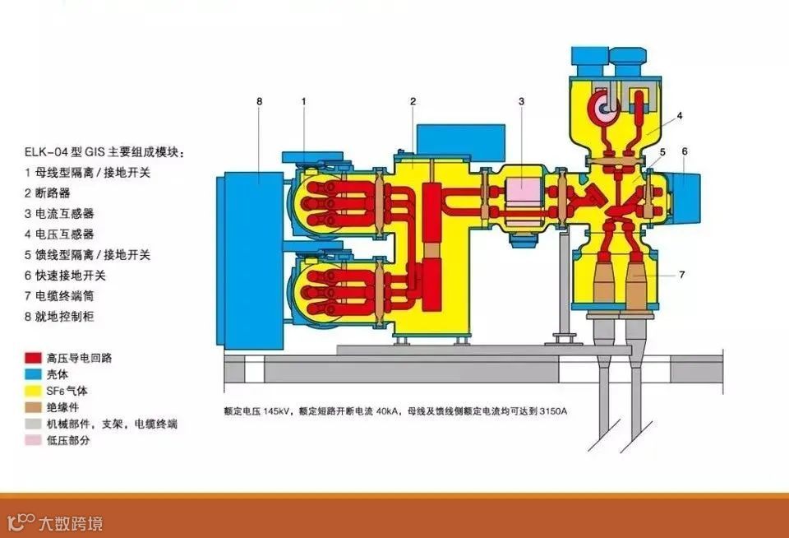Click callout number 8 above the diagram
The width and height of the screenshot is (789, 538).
(259, 101)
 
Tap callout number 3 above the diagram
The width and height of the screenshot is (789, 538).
(521, 101)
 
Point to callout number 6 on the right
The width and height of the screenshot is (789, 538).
(684, 151)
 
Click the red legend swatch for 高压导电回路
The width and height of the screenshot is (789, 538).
(34, 359)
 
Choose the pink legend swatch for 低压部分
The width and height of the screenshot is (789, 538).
(34, 441)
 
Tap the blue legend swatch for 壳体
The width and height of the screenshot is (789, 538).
(34, 375)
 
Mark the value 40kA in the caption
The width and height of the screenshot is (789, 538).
(390, 409)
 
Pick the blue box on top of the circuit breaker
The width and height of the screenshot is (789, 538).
(459, 141)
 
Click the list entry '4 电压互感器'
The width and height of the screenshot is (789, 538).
(59, 234)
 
